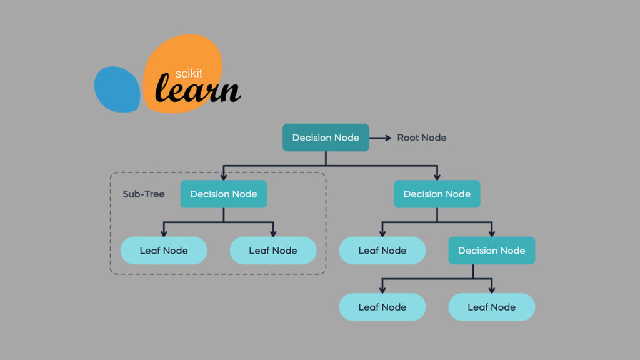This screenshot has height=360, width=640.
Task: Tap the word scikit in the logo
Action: pos(189,74)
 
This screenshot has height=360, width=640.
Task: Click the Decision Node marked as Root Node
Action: pos(326,137)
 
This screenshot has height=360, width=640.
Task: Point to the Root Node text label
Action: pos(422,137)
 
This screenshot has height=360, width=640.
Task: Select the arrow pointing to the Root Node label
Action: pos(382,137)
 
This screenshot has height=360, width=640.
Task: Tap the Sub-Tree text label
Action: pos(144,194)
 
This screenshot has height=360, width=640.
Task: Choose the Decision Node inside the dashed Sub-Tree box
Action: pos(224,194)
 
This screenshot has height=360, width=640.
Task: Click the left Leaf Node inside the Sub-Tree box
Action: pos(164,251)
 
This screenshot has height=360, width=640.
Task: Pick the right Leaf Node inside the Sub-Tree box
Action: pos(273,251)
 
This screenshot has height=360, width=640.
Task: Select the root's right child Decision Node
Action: pos(437,194)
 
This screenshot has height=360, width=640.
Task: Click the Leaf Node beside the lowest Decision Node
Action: pos(382,251)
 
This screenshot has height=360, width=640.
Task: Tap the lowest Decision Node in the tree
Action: pos(492,251)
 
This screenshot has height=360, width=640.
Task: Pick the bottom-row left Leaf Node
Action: pos(382,307)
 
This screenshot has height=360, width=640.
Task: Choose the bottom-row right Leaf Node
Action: pos(492,307)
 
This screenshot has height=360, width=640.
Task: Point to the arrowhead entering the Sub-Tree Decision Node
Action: pos(224,176)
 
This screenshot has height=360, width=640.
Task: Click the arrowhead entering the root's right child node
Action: pos(437,176)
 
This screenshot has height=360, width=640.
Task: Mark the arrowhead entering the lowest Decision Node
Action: pos(492,232)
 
